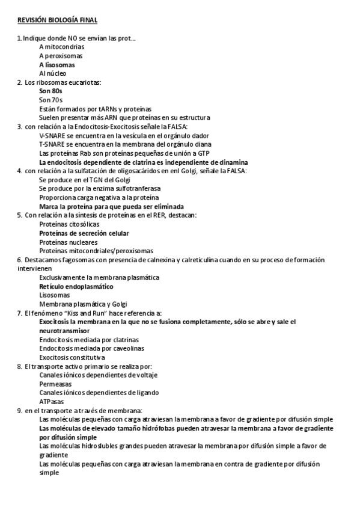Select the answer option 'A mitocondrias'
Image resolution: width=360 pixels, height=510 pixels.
pyautogui.click(x=61, y=46)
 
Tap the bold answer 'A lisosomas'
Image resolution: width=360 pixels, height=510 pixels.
pyautogui.click(x=57, y=64)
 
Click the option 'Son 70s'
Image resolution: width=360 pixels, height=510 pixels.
pyautogui.click(x=50, y=100)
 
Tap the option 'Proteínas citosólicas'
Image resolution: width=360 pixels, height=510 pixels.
pyautogui.click(x=70, y=224)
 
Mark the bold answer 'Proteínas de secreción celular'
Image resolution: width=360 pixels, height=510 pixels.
pyautogui.click(x=84, y=233)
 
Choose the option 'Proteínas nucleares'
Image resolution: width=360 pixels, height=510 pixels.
pyautogui.click(x=68, y=242)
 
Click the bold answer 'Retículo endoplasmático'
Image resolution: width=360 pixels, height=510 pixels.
pyautogui.click(x=76, y=287)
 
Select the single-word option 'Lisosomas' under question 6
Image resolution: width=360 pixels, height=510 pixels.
pyautogui.click(x=53, y=295)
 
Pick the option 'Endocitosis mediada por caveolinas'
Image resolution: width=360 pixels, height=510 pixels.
pyautogui.click(x=91, y=348)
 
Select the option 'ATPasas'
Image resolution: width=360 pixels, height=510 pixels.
pyautogui.click(x=50, y=401)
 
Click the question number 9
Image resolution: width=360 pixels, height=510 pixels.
pyautogui.click(x=20, y=410)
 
